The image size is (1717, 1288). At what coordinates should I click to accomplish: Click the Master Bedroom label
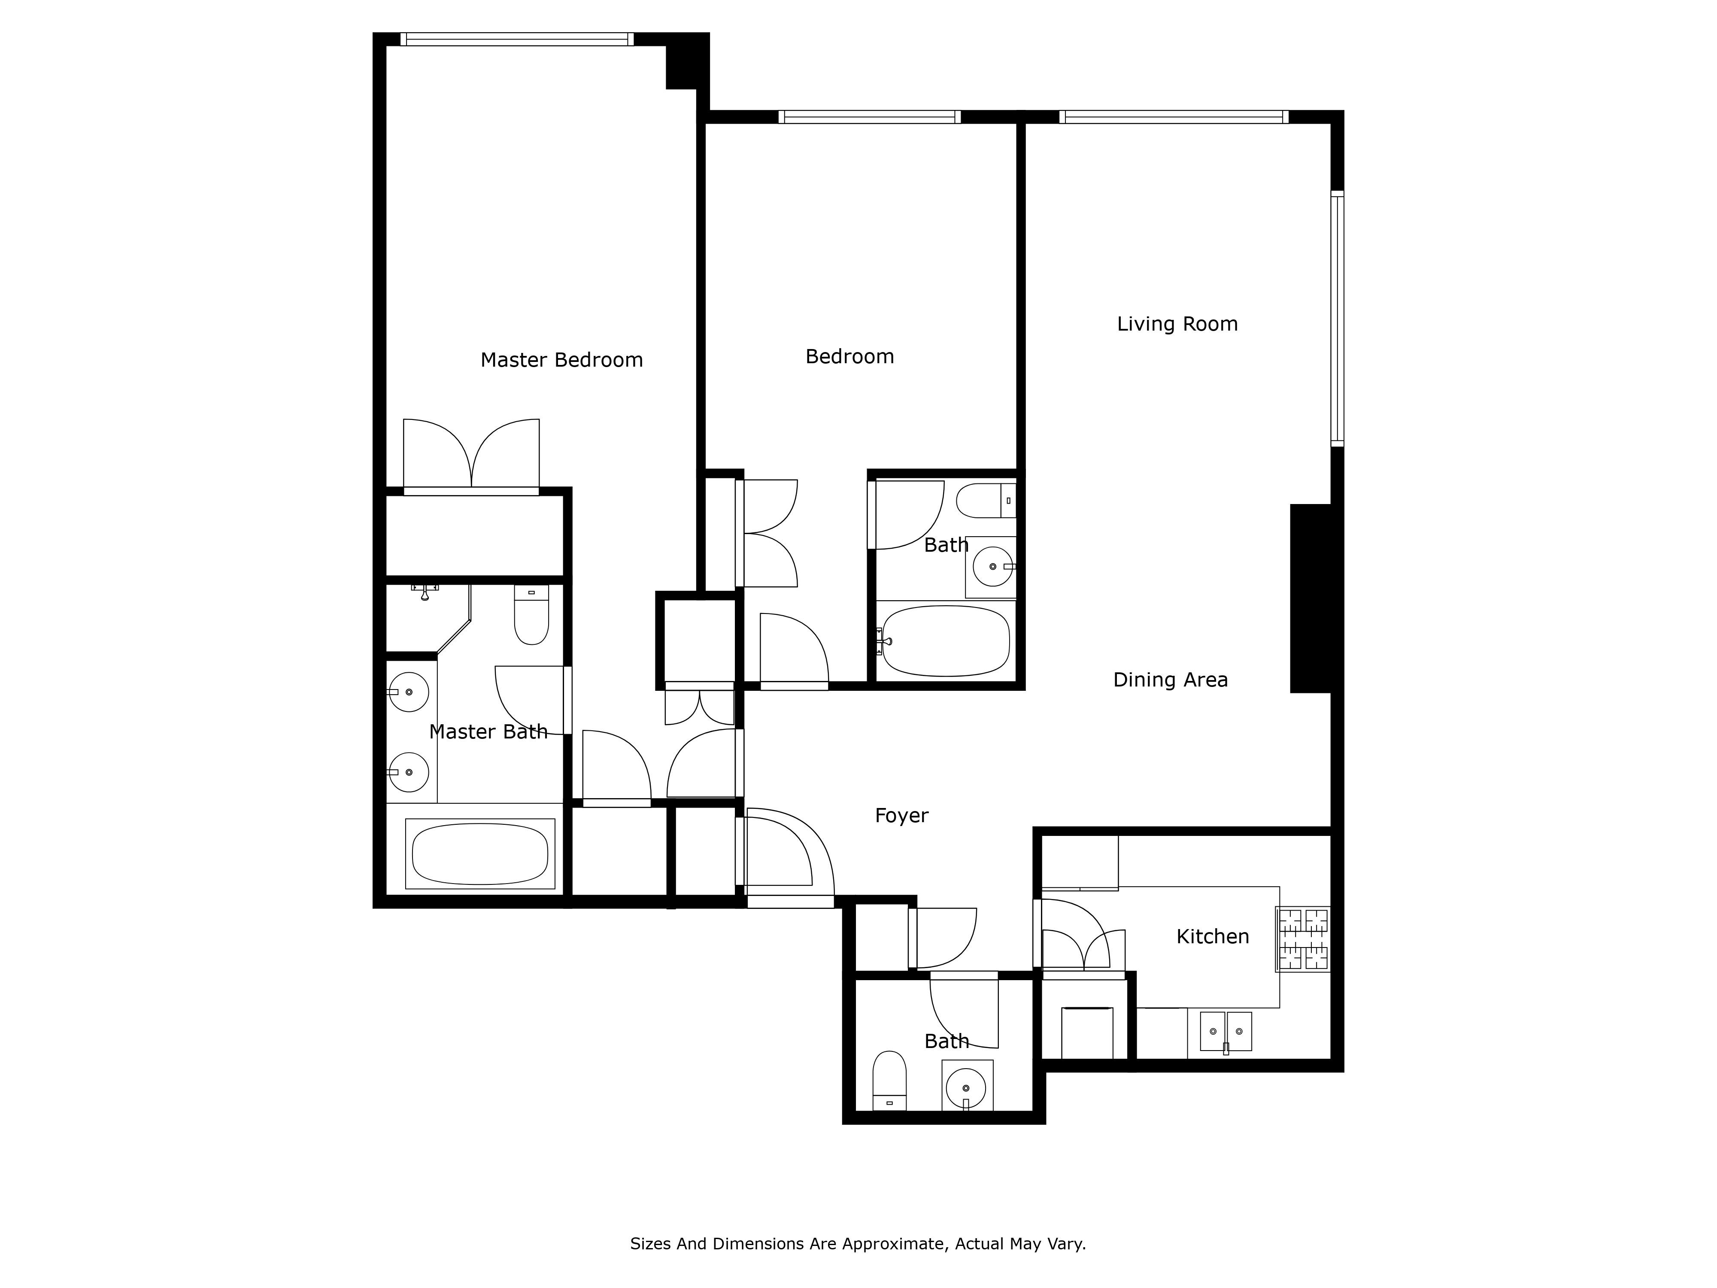click(561, 360)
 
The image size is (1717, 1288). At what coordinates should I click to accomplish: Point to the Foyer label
click(901, 815)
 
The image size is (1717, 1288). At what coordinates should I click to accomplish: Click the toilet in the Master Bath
click(531, 614)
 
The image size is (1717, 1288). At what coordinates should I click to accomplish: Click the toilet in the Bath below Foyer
click(889, 1081)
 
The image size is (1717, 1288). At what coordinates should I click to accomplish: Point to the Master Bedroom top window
click(517, 39)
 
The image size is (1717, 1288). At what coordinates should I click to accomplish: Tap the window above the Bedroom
click(869, 116)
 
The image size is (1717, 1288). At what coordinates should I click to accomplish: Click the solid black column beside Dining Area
click(1311, 598)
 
